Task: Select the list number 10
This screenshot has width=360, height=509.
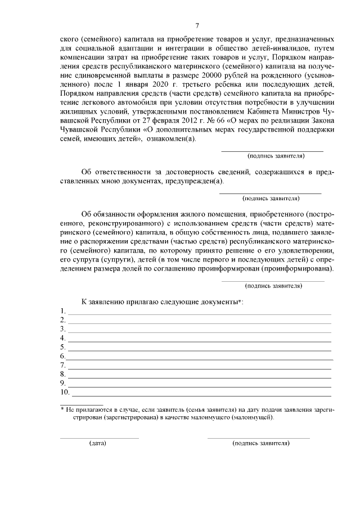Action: [65, 392]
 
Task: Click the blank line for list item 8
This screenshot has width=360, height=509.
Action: [199, 377]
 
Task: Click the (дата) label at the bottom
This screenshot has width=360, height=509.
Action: [98, 443]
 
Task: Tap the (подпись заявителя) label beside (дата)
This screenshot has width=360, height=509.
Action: [260, 443]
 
